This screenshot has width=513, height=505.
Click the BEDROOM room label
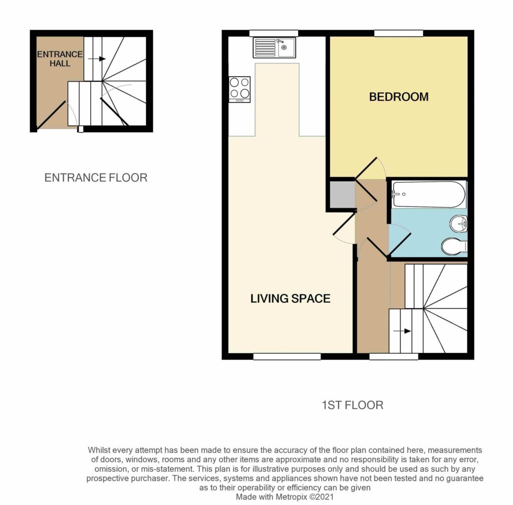pos(399,97)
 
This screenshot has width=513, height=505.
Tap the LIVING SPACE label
pos(290,299)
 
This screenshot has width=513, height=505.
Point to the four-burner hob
pos(239,89)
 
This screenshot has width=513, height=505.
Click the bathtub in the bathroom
pos(429,195)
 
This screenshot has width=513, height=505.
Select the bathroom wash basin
pos(459,224)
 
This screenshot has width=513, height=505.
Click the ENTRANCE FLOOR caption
pos(96,178)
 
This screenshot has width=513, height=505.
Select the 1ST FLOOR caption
pos(352,405)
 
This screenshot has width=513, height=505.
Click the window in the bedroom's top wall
pos(398,33)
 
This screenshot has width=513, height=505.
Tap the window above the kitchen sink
pos(274,33)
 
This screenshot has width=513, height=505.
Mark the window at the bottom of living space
pos(287,357)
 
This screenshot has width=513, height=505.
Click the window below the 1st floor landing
pos(394,357)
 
